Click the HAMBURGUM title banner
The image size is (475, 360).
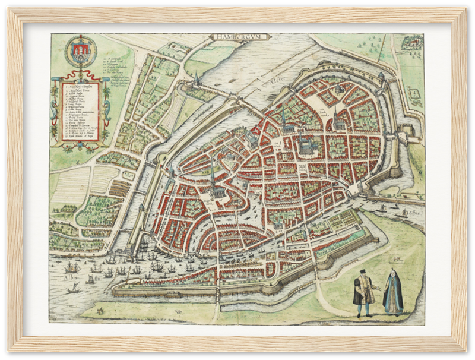tap(240, 37)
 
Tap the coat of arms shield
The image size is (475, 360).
tap(80, 53)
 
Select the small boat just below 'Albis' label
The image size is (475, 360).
tap(75, 289)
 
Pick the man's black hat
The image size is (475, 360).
tap(362, 272)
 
